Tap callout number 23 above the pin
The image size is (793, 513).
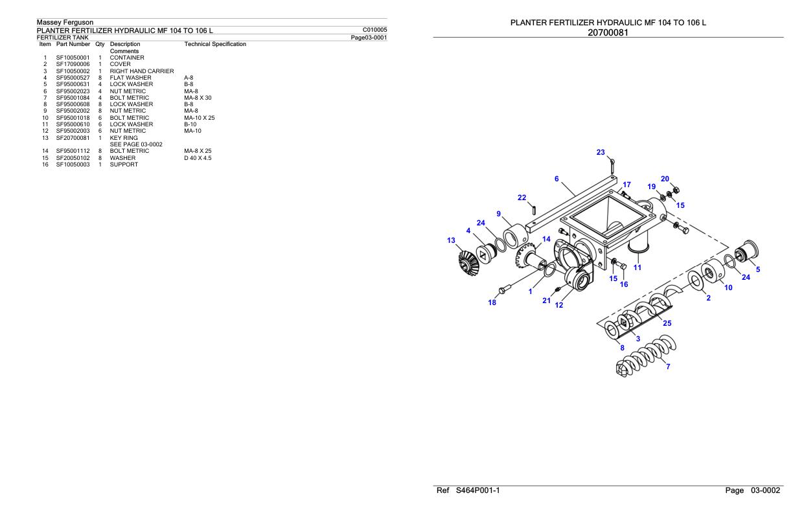601,153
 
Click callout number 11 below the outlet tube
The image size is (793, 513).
638,267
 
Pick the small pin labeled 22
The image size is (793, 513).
534,209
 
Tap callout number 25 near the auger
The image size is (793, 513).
667,323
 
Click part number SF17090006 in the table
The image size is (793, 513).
73,64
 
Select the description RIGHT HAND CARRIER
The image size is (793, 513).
141,71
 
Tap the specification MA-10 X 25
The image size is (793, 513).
200,118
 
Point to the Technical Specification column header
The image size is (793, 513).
215,44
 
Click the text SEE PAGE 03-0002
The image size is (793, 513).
136,144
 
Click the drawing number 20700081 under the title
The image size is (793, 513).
608,32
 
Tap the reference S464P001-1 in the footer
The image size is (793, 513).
477,491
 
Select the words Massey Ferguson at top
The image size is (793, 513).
65,23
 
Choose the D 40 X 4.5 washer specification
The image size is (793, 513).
198,158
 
